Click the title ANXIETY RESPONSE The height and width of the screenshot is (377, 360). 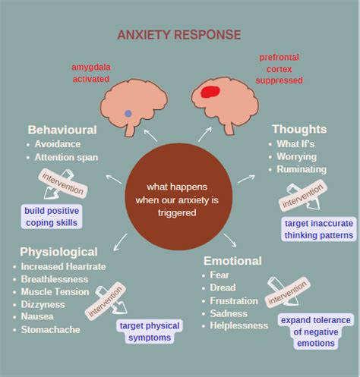point(179,35)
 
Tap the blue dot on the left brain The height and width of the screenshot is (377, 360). point(128,113)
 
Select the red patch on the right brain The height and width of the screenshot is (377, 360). point(210,93)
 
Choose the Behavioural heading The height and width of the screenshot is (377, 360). point(63,130)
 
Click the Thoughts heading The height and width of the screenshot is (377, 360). point(299,129)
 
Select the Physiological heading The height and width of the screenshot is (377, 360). point(58,251)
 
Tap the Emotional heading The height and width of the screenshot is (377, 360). point(232,261)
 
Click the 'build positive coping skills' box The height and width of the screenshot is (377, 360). point(52,216)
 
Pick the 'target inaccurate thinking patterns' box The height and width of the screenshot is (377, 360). point(319,229)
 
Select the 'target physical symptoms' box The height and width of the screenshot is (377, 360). point(149,331)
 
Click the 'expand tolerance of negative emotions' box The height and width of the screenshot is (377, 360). point(316,331)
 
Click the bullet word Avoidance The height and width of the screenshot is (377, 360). point(57,144)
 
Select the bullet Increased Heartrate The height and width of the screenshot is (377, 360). point(63,266)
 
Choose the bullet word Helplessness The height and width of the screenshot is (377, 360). point(239,325)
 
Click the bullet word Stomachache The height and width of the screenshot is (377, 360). point(52,330)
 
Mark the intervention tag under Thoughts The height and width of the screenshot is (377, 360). point(302,200)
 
